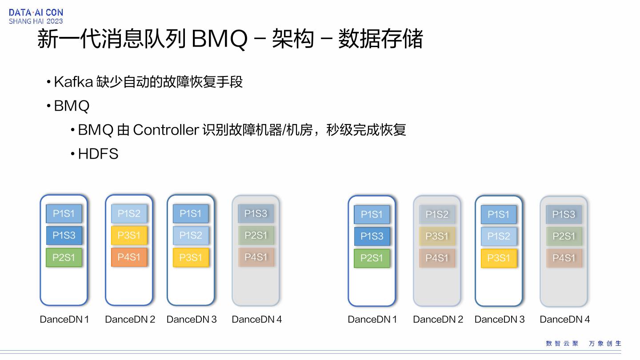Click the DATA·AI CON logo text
(x=36, y=12)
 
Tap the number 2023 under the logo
(x=55, y=21)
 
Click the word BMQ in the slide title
(x=219, y=39)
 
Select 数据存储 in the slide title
(x=380, y=39)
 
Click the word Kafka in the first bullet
(x=73, y=82)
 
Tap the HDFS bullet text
(x=98, y=154)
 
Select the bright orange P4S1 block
(x=129, y=257)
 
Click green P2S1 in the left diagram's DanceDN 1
(x=64, y=257)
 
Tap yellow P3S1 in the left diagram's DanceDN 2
(x=129, y=235)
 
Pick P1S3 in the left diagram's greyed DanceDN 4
(x=256, y=213)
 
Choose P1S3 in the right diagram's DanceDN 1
(x=372, y=236)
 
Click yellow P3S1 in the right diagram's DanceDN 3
(x=499, y=258)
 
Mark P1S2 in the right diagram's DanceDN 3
(x=499, y=236)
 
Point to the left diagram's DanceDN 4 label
(x=256, y=319)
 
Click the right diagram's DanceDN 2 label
(x=438, y=319)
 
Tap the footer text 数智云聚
(x=562, y=343)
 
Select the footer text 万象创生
(x=605, y=343)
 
